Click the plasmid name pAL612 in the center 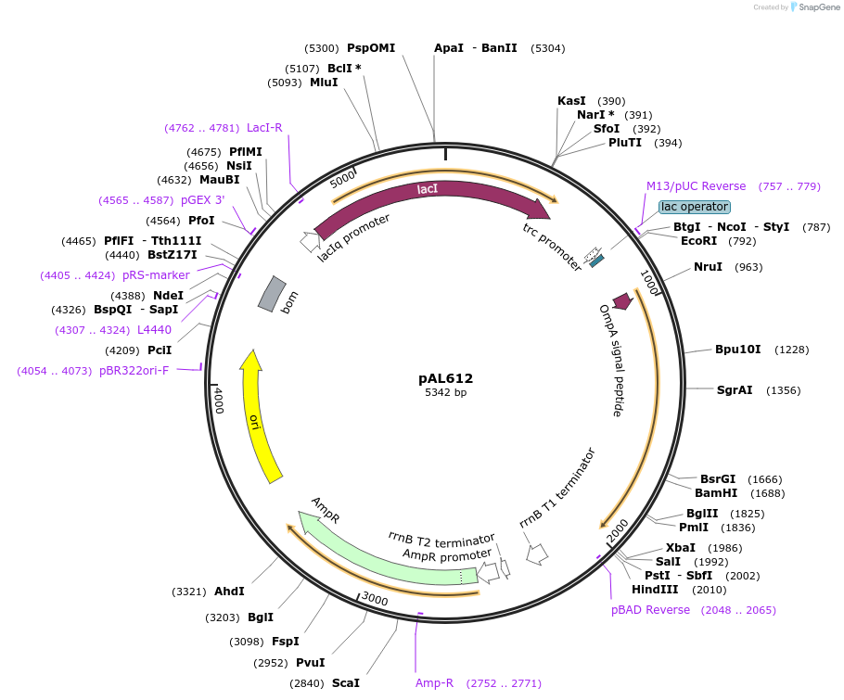pos(445,378)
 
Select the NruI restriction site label pos(708,267)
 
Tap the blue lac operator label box pos(695,207)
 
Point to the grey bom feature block pos(271,294)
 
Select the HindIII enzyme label pos(655,590)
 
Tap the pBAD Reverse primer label pos(650,610)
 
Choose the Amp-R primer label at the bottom pos(434,683)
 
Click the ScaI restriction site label pos(345,683)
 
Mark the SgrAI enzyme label pos(735,390)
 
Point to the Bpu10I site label pos(737,350)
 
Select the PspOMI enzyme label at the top pos(371,48)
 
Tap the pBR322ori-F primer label pos(134,371)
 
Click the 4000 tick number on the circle pos(219,401)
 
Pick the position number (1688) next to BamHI pos(767,494)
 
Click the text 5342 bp pos(445,393)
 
